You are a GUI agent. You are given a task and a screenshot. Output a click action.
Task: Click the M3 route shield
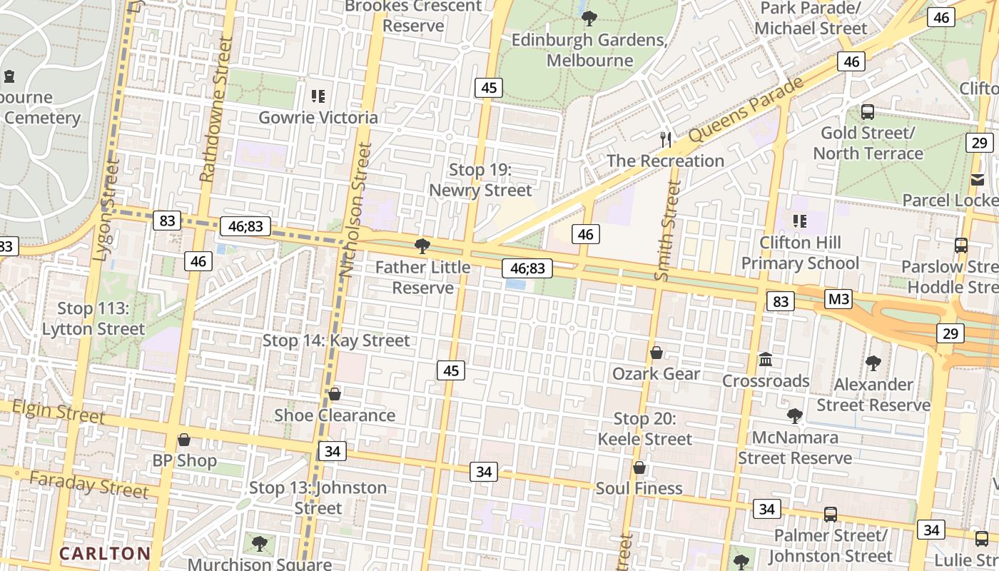838,298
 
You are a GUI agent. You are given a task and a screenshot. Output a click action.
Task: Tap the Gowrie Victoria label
318,117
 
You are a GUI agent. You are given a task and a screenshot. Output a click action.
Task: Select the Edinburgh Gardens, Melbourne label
589,50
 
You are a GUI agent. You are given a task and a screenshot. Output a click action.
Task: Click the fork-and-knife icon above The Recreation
666,139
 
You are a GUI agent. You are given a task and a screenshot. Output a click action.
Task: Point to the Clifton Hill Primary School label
800,253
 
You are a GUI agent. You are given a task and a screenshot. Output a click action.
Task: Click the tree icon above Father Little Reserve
422,247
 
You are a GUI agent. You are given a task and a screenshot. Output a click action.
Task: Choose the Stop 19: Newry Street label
480,180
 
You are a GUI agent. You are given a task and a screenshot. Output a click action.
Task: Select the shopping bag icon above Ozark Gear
656,353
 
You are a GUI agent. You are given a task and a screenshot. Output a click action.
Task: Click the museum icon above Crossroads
766,359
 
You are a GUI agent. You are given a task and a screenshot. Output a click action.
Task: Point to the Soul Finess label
639,488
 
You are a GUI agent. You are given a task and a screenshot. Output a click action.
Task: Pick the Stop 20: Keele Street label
644,429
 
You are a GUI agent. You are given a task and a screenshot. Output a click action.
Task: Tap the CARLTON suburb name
105,553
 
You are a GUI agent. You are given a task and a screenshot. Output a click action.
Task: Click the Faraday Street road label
89,485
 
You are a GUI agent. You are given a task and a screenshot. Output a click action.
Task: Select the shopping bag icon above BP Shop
184,440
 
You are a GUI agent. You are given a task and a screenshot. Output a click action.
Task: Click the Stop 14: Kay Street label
336,340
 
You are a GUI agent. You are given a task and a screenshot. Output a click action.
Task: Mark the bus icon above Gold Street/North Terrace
868,112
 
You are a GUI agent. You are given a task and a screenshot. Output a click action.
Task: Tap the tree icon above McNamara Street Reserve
794,415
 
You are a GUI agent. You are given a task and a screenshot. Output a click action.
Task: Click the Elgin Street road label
59,411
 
